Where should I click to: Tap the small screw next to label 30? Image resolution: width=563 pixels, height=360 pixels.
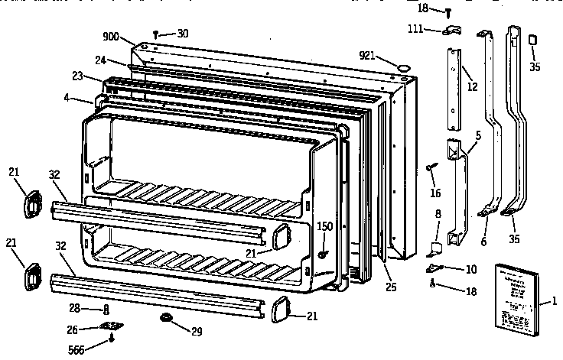click(156, 34)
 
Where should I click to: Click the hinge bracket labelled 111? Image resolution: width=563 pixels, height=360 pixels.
click(452, 30)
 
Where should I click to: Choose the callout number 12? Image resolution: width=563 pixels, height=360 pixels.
click(472, 87)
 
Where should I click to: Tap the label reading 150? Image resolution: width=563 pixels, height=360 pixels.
click(325, 226)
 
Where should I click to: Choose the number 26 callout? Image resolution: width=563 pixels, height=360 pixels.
click(72, 330)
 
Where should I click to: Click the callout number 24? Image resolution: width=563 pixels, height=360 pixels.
click(100, 61)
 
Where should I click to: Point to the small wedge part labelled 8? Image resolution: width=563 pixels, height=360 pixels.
click(433, 246)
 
